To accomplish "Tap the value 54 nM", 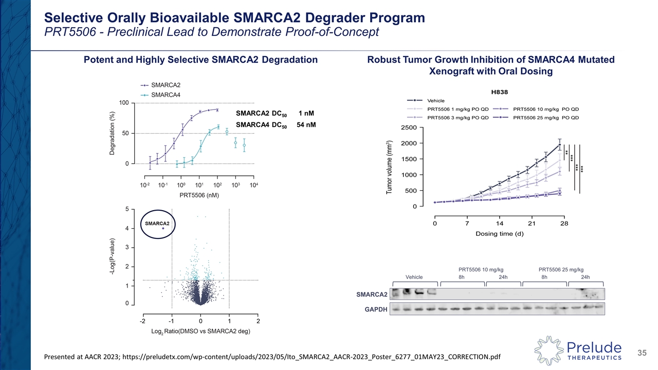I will [305, 125].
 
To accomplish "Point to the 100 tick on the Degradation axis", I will [124, 103].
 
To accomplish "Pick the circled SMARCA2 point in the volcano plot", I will [163, 228].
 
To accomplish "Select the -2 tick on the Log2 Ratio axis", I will [142, 321].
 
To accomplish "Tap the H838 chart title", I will [500, 90].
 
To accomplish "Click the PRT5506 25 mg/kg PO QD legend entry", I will [546, 118].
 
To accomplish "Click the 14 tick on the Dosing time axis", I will [499, 224].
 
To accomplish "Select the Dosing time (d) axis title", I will [499, 234].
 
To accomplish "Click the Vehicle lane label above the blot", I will [414, 277].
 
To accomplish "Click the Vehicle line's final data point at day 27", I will [559, 144].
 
